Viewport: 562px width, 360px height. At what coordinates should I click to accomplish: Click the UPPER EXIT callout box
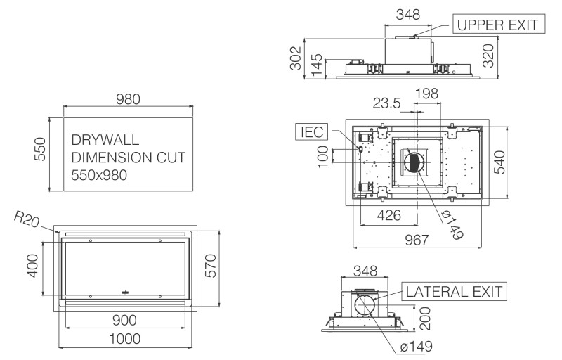(x=497, y=25)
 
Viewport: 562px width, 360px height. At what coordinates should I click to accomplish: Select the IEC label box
(x=311, y=131)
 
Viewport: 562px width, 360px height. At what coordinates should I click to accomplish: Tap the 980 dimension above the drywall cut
(x=128, y=99)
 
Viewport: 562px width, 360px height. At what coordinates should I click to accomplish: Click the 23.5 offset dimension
(x=386, y=103)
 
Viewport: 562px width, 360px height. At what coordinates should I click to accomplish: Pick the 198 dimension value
(x=427, y=93)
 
